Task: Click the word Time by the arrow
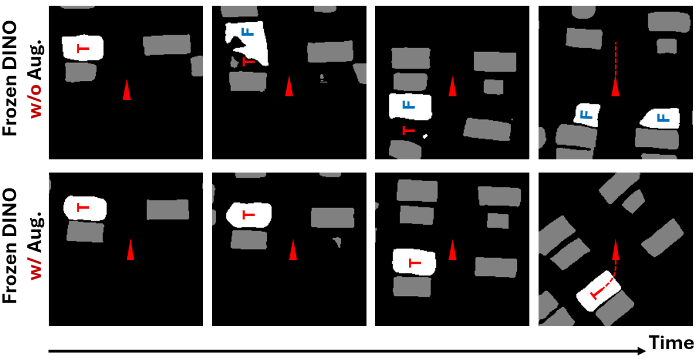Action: [x=672, y=343]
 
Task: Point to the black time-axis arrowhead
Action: [x=642, y=351]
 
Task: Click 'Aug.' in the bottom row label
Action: [x=37, y=232]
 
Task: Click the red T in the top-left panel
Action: [x=83, y=49]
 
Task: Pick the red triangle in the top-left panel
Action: [x=127, y=89]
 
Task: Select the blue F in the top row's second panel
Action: [x=248, y=32]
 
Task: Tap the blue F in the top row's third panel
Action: [x=408, y=105]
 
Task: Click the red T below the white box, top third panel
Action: [x=408, y=131]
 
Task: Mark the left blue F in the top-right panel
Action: [x=587, y=115]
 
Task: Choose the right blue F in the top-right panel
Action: [x=664, y=118]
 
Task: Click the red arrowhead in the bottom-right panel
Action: [x=615, y=250]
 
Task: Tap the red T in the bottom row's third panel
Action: [x=415, y=263]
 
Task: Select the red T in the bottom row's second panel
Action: [x=249, y=215]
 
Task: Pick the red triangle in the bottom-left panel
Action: [x=131, y=250]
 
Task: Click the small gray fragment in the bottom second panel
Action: [x=337, y=242]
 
